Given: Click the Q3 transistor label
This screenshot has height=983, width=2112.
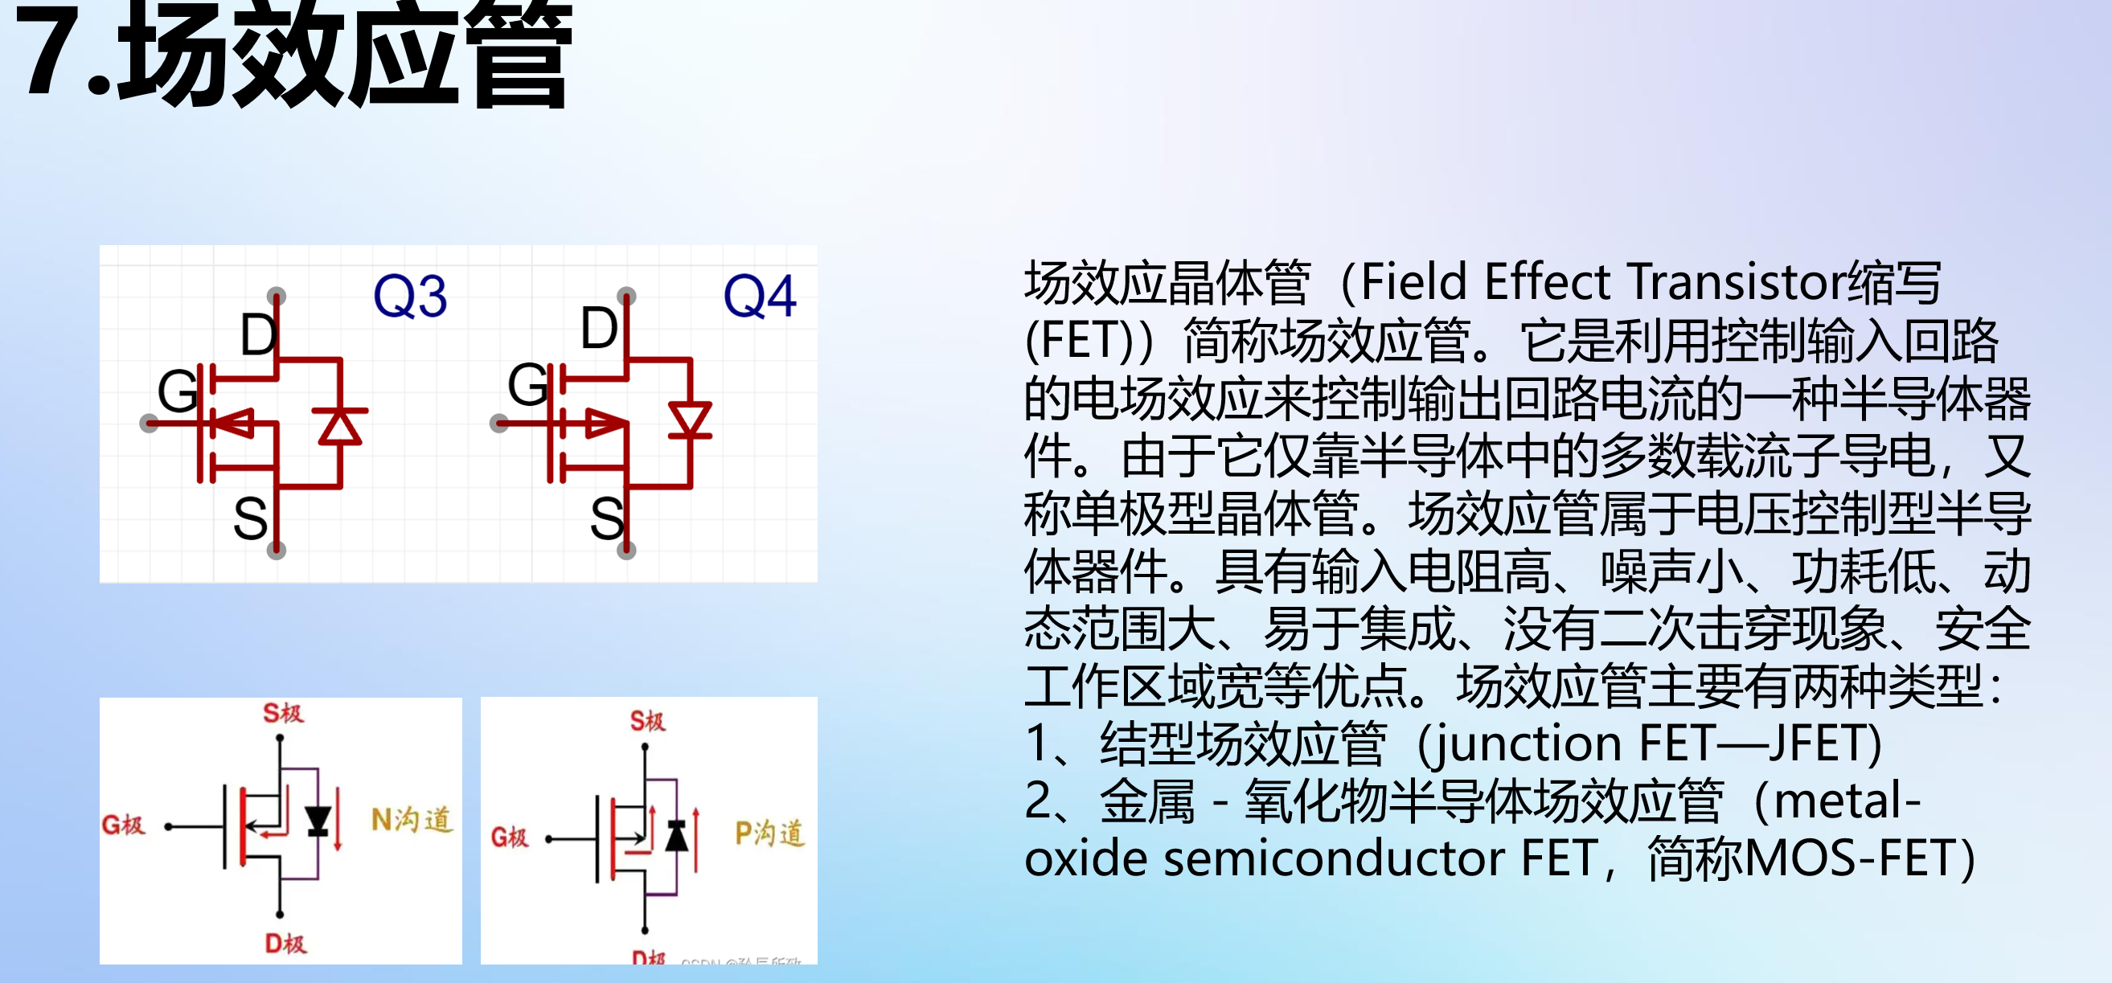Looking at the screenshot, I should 410,296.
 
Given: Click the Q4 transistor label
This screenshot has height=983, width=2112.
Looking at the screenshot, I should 759,296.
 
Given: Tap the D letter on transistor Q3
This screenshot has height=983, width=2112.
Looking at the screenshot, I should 258,334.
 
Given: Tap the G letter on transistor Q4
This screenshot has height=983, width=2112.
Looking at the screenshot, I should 527,384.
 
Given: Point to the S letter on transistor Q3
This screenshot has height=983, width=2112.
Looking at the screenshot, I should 250,519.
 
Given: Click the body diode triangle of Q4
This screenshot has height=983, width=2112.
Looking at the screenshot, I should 690,420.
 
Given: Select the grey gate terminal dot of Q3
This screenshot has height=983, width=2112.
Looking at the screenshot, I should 150,423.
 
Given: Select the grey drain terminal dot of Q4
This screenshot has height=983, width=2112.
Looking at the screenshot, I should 626,295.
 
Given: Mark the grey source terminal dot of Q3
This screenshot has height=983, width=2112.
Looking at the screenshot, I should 277,550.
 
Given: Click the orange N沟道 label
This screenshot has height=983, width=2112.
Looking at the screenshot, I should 412,820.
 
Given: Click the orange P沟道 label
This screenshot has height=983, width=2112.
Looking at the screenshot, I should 769,834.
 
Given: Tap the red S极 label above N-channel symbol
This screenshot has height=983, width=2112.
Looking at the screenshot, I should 283,713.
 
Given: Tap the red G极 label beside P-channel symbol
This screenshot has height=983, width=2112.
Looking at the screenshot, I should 509,837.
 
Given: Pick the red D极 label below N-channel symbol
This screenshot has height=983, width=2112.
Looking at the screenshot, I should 285,944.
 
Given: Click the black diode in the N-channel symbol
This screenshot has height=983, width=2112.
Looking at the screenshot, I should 318,821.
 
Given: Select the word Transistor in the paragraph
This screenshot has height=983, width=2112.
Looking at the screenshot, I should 1737,282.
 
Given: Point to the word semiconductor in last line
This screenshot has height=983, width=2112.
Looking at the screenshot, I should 1335,859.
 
